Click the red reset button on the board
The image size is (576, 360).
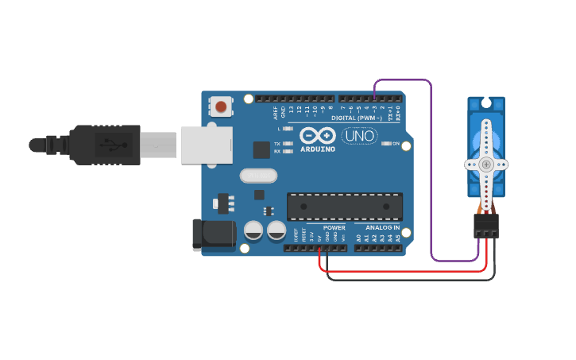pos(221,106)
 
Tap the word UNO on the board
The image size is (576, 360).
pos(359,136)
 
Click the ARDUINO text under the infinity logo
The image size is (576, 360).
pos(318,149)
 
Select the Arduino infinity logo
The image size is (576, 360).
pos(318,134)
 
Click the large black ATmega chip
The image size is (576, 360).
pos(344,206)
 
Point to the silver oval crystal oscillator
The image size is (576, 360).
pos(257,176)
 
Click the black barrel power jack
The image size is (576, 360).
pos(214,234)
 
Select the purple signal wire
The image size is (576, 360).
pos(431,175)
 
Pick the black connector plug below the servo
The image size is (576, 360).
pos(486,226)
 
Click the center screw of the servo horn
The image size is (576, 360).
pos(486,165)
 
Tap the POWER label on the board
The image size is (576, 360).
pos(334,227)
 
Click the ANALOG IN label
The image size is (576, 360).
pos(382,227)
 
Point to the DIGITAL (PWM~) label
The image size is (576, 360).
pos(357,118)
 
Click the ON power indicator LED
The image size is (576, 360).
pos(386,144)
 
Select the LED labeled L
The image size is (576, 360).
pos(288,128)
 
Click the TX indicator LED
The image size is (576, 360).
pos(288,144)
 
